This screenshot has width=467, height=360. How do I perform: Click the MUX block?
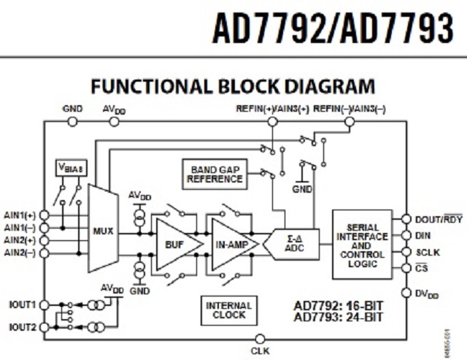point(103,231)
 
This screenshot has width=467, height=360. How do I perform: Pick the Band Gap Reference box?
point(212,173)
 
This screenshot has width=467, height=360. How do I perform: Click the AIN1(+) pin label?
point(20,215)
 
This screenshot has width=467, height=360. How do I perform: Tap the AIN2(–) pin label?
point(20,253)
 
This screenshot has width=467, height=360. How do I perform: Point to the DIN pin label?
point(422,235)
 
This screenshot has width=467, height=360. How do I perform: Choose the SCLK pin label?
point(426,251)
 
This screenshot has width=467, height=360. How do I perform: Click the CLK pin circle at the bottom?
point(260,339)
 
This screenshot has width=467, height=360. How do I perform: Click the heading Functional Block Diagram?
point(233,88)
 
